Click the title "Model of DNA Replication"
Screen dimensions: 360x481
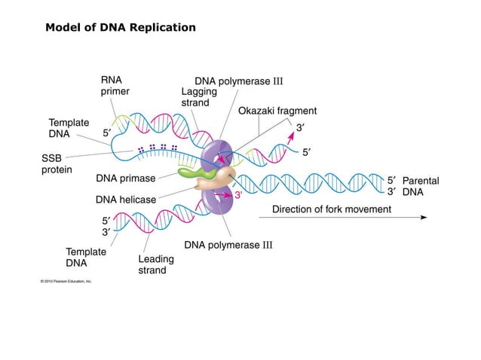pyautogui.click(x=120, y=28)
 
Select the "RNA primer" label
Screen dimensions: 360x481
pyautogui.click(x=115, y=85)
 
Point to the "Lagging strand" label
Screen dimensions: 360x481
pyautogui.click(x=195, y=96)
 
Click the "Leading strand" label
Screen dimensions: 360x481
pyautogui.click(x=156, y=264)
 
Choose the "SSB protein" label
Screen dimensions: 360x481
pyautogui.click(x=57, y=164)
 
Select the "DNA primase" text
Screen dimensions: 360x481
pyautogui.click(x=125, y=178)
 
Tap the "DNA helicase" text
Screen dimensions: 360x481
pyautogui.click(x=126, y=200)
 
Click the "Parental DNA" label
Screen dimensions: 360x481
pyautogui.click(x=420, y=186)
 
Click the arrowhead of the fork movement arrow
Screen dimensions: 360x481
pyautogui.click(x=424, y=217)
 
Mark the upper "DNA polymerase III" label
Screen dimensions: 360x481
pyautogui.click(x=238, y=81)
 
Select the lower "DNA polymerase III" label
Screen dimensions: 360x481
pyautogui.click(x=228, y=245)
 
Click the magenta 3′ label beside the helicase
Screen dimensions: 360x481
pyautogui.click(x=237, y=195)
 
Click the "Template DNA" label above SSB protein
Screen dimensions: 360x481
pyautogui.click(x=69, y=127)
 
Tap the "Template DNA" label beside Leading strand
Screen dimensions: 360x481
pyautogui.click(x=86, y=258)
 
